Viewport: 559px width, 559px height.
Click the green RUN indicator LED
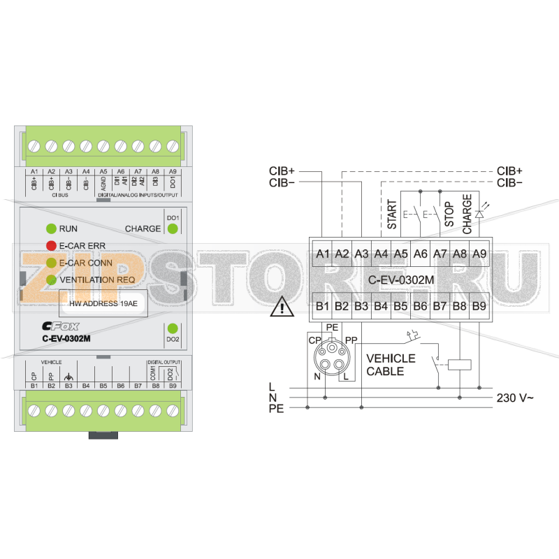click(x=51, y=228)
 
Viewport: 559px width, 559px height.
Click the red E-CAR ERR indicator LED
click(x=51, y=245)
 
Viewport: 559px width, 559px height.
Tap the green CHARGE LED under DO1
click(x=173, y=228)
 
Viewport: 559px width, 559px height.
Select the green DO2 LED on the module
click(x=173, y=328)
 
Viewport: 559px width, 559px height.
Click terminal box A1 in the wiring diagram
click(x=322, y=254)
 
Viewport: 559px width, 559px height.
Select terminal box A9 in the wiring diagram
click(x=479, y=254)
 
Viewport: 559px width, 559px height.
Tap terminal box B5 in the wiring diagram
click(x=400, y=305)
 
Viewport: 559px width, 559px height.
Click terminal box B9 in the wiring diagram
click(x=479, y=305)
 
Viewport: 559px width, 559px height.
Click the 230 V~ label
click(x=515, y=398)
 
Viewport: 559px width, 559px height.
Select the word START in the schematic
click(x=392, y=215)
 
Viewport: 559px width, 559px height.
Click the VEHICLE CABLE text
click(x=391, y=365)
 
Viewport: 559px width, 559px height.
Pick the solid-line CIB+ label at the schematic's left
click(x=282, y=171)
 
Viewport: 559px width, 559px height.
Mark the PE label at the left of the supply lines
click(x=276, y=409)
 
